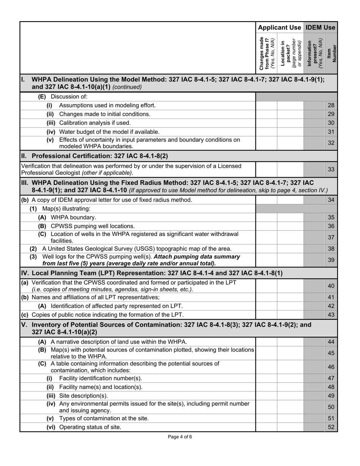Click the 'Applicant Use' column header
(279, 27)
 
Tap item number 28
(331, 105)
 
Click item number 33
(331, 169)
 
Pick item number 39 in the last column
(331, 260)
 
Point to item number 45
(331, 353)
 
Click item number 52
(331, 427)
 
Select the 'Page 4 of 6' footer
(180, 437)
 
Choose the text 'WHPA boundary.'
(74, 217)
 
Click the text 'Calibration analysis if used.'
(95, 123)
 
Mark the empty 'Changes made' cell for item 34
(266, 200)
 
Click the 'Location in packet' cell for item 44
(290, 342)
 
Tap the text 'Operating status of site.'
(90, 427)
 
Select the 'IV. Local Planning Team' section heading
(152, 273)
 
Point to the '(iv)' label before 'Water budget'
(51, 132)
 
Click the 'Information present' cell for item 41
(315, 297)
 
